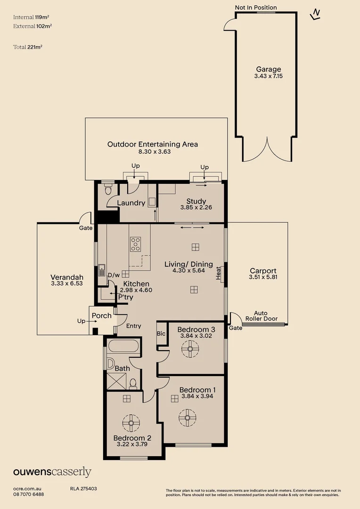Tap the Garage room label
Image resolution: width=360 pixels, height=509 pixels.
268,69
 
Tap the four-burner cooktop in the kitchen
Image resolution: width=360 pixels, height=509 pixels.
136,244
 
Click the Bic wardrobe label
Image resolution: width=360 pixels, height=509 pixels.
161,334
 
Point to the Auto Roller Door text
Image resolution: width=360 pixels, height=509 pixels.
266,316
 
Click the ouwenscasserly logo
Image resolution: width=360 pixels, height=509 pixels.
52,472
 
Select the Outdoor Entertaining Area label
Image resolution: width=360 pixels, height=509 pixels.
153,144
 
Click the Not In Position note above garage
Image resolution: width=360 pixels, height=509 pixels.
256,8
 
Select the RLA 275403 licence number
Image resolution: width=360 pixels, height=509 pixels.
83,489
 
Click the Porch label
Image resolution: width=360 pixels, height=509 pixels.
101,315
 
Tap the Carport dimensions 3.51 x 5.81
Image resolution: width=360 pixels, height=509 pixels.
263,277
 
